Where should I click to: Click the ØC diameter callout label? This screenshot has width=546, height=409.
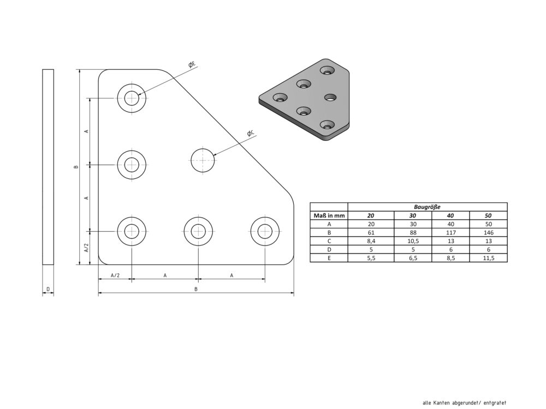click(251, 133)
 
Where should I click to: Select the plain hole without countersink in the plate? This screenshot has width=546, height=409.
click(203, 160)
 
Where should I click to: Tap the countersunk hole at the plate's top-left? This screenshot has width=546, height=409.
click(132, 98)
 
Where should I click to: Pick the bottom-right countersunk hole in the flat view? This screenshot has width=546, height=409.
click(265, 231)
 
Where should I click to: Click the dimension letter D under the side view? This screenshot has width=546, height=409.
click(48, 289)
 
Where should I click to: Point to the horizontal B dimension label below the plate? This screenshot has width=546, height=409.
click(196, 289)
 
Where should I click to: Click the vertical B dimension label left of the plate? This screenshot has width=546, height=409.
click(76, 166)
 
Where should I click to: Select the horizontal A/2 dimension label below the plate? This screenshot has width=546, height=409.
click(115, 275)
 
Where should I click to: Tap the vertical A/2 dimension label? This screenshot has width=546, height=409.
click(86, 248)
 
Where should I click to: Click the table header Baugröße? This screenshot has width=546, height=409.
click(428, 207)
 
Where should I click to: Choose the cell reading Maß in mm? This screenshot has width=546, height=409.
click(329, 215)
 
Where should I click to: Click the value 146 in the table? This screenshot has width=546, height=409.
click(489, 232)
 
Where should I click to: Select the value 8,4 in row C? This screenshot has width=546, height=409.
click(371, 241)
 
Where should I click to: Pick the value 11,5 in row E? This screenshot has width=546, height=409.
click(489, 258)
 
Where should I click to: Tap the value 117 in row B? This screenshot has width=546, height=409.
click(450, 232)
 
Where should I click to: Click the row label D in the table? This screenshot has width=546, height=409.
click(329, 249)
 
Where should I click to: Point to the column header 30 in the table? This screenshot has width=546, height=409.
click(413, 215)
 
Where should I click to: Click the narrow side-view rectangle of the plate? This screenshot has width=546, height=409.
click(48, 167)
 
